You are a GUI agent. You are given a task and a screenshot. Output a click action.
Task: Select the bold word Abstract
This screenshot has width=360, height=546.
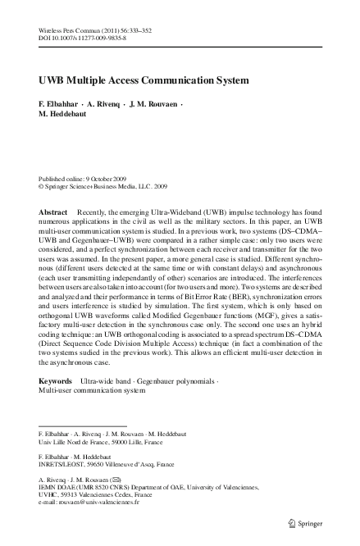point(53,212)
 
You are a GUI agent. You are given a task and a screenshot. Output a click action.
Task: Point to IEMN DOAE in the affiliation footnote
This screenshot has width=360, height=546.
point(60,486)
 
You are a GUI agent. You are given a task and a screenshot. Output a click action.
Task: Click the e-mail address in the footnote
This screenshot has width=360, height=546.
point(99,503)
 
